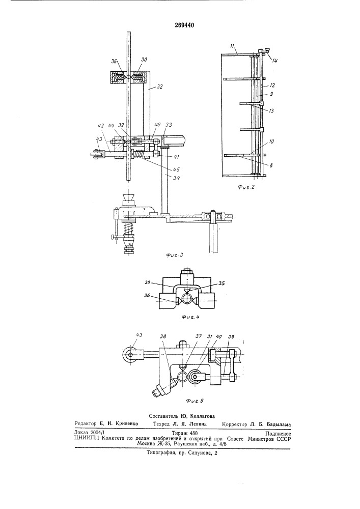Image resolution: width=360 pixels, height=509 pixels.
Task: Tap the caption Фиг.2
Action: click(246, 187)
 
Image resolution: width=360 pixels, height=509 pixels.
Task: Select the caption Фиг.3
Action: click(175, 255)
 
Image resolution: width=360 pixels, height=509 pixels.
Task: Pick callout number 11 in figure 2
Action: click(232, 46)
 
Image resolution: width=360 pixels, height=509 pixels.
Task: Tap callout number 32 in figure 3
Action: click(159, 87)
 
